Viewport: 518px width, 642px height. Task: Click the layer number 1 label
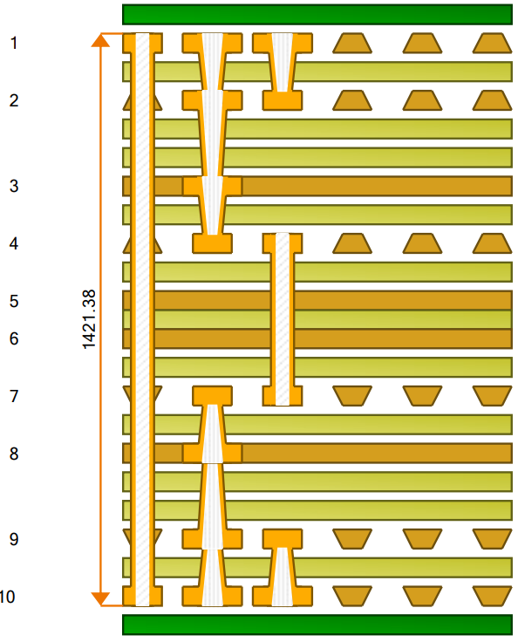(14, 43)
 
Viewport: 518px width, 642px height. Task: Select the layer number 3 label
(14, 186)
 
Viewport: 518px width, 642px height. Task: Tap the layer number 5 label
(14, 301)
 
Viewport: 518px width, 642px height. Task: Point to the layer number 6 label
(14, 338)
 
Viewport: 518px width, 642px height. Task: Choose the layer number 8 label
(14, 454)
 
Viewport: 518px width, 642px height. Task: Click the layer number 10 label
(7, 597)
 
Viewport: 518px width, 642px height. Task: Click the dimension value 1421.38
(89, 319)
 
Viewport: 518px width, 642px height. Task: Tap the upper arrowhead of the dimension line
(100, 40)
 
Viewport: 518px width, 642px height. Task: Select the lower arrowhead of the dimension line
(100, 599)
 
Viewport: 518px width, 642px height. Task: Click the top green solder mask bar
(317, 15)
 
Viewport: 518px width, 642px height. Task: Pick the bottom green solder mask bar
(317, 625)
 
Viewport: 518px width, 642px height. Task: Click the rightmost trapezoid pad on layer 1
(492, 44)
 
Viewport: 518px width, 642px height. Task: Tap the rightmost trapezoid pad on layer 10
(492, 596)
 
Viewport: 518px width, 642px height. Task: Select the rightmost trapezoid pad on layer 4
(492, 243)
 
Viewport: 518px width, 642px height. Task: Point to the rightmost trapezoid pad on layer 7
(492, 396)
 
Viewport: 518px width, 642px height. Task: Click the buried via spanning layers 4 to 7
(283, 319)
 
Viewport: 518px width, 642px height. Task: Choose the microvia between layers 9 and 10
(283, 568)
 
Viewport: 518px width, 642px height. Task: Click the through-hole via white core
(142, 319)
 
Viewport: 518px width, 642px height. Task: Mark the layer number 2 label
(14, 100)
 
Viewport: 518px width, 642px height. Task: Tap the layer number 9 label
(14, 539)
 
